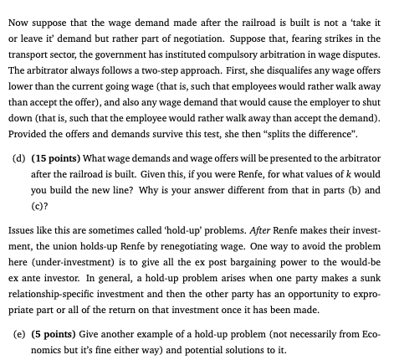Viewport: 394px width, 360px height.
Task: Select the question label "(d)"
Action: tap(21, 157)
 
